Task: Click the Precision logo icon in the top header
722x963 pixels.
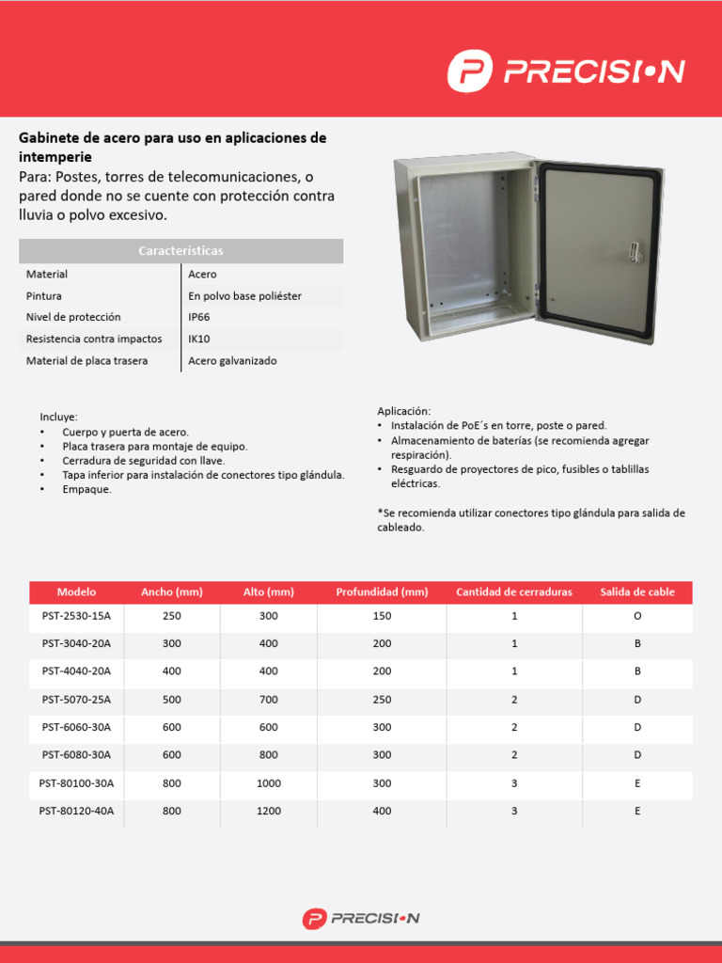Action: (470, 71)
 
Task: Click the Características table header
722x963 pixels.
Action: (180, 251)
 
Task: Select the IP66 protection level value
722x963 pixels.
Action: (199, 317)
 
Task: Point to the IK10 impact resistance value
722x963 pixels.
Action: (199, 339)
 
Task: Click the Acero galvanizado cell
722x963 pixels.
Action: (232, 360)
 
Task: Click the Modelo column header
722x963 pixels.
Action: (76, 592)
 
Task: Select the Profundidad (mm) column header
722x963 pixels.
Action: (382, 592)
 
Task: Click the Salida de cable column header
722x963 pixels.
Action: (637, 592)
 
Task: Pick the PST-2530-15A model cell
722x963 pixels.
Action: (76, 616)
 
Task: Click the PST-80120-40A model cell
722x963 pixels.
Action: (76, 811)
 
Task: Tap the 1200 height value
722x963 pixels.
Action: (269, 811)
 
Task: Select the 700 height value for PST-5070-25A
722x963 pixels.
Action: (269, 700)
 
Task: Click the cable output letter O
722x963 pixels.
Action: (637, 616)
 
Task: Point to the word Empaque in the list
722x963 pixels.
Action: (86, 489)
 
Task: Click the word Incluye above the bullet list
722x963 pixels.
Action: (58, 417)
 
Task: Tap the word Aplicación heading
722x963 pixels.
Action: (403, 411)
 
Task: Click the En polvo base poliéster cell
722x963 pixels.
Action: (244, 295)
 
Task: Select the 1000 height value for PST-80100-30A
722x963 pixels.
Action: (269, 782)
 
